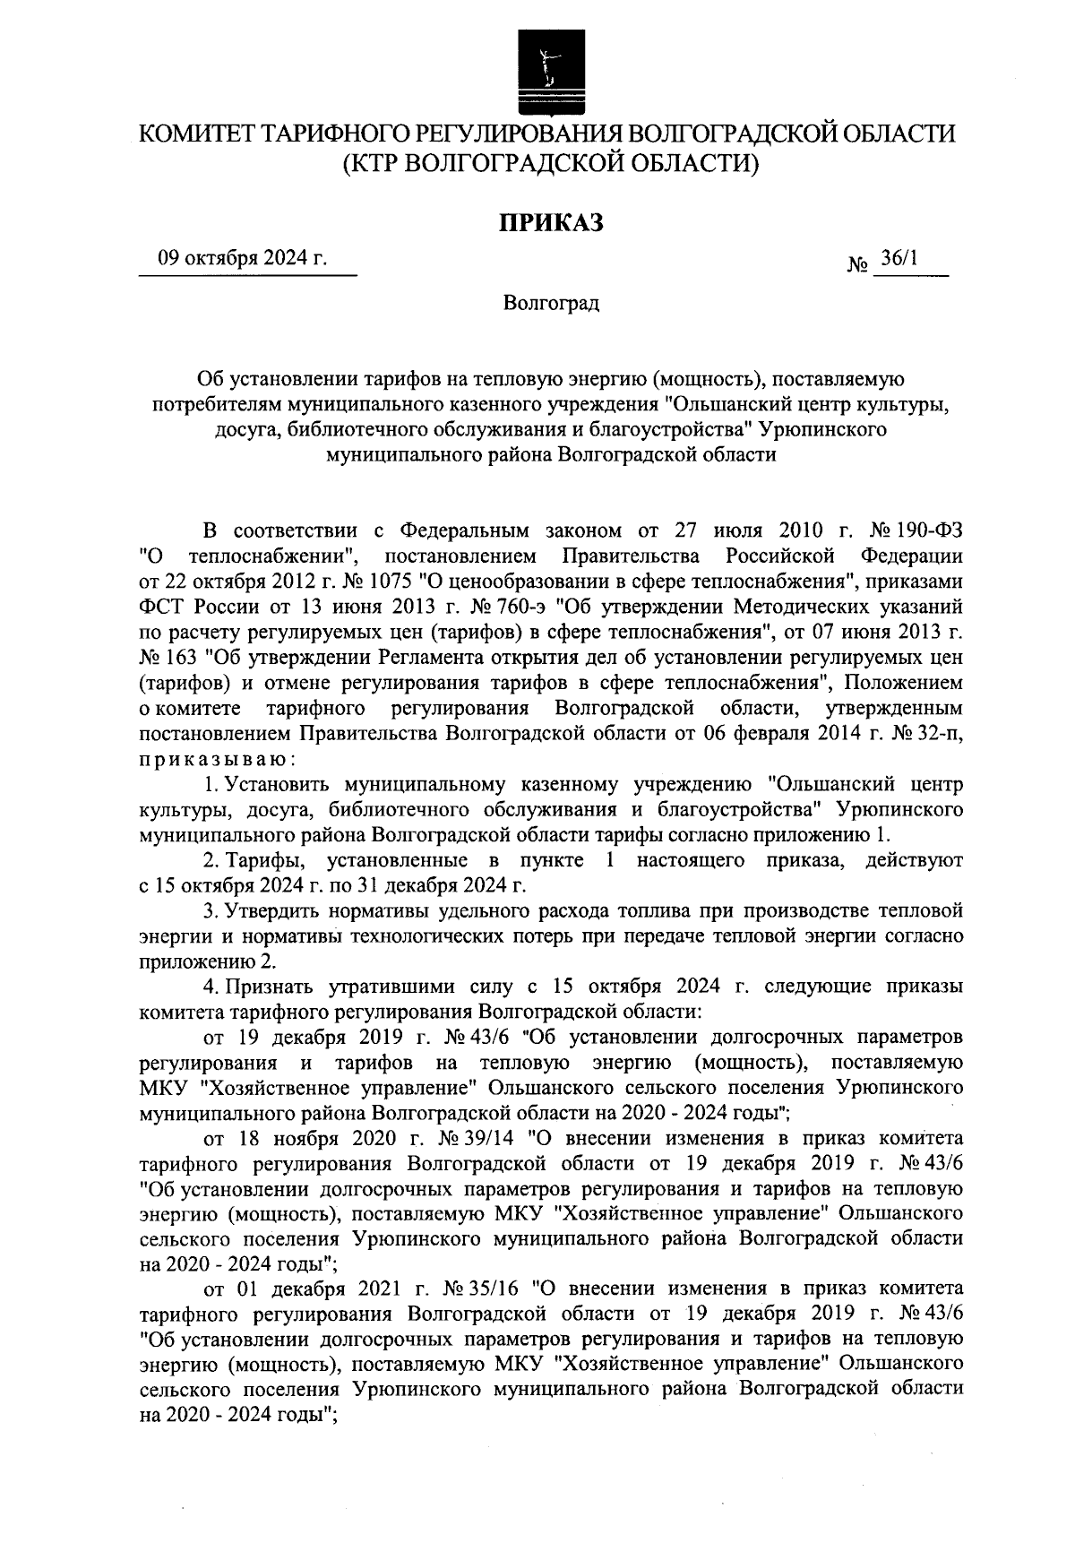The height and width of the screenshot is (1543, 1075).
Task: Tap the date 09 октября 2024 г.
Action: (x=243, y=260)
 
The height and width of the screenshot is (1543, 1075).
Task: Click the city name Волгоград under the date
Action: (x=550, y=303)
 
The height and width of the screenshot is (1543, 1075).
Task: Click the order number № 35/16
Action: (x=486, y=1289)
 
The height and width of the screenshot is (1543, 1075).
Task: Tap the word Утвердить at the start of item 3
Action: (x=269, y=912)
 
